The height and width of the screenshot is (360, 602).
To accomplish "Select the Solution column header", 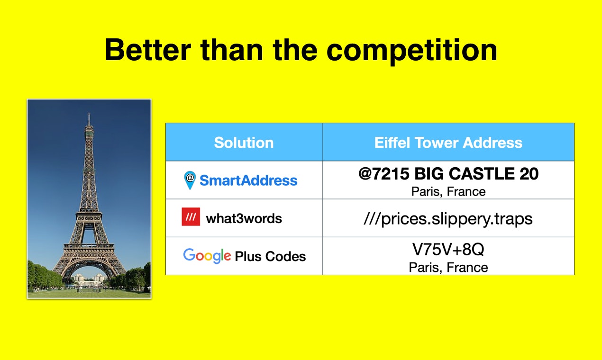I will tap(244, 143).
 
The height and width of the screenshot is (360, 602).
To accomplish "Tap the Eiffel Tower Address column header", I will tap(448, 143).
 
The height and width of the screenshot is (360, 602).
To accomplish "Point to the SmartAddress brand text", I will tap(248, 180).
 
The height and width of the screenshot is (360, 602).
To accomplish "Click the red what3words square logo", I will tap(191, 217).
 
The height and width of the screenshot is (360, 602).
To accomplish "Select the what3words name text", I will tap(244, 218).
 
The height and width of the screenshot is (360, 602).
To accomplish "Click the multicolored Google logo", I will tap(207, 256).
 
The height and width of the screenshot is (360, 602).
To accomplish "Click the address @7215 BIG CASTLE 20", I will tap(448, 174).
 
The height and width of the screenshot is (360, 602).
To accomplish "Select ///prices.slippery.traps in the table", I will tap(448, 218).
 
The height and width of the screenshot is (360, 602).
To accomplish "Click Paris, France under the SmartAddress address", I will tap(448, 192).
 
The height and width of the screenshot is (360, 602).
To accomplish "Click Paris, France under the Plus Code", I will tap(448, 268).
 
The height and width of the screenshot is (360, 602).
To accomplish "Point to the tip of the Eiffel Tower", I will tap(89, 115).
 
